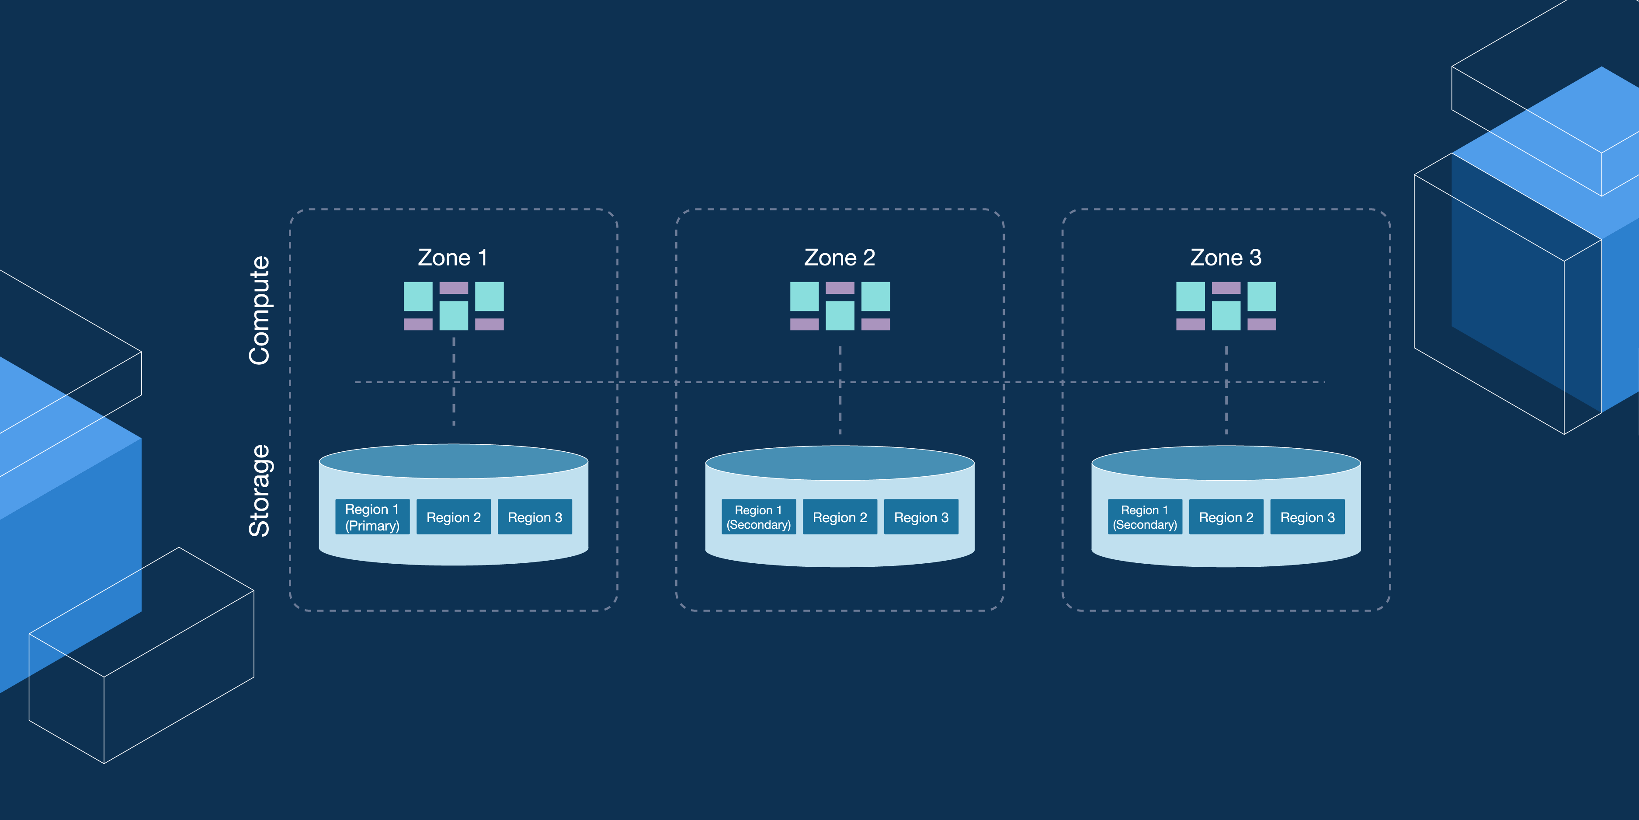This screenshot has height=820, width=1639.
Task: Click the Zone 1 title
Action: [x=452, y=258]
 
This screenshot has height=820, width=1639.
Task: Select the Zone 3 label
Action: [x=1226, y=258]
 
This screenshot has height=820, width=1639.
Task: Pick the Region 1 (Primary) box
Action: [x=372, y=517]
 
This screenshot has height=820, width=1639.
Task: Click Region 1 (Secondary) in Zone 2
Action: [x=758, y=517]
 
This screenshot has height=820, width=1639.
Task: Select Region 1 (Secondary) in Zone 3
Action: [x=1145, y=517]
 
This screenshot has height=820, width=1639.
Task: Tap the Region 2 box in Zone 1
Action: [x=454, y=517]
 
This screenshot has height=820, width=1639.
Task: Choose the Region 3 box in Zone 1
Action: [x=535, y=517]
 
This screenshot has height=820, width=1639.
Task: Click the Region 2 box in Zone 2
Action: [x=840, y=517]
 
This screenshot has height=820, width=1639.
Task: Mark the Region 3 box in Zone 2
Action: [x=920, y=517]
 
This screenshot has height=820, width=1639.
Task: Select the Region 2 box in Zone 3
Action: [x=1226, y=517]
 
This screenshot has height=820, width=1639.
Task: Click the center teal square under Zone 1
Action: [x=454, y=316]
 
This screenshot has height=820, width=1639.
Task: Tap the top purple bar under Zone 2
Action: [x=840, y=288]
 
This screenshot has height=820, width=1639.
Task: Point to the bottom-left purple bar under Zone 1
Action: [x=418, y=324]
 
